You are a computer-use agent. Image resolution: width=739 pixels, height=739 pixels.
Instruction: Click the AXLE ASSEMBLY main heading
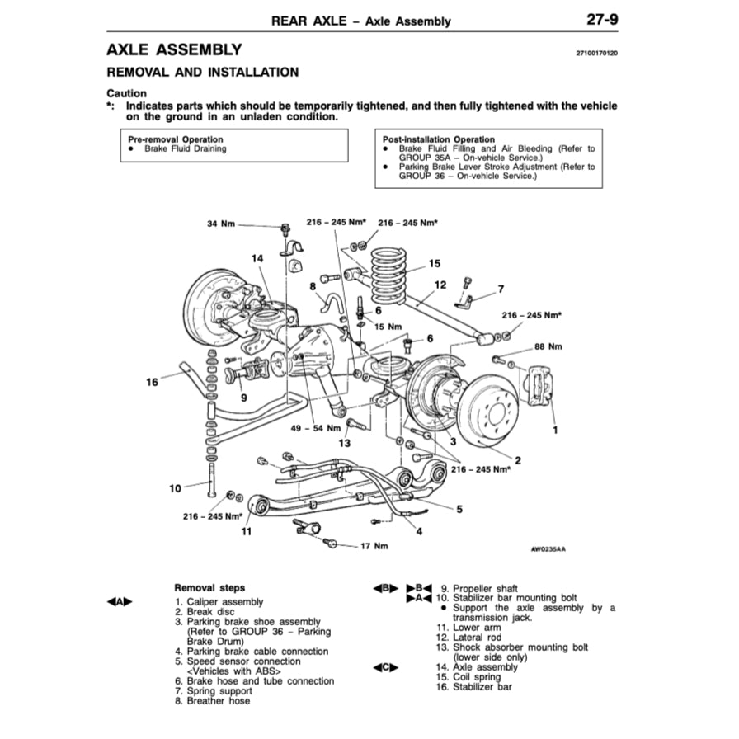(175, 50)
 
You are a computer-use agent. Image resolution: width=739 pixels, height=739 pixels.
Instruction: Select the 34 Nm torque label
(221, 224)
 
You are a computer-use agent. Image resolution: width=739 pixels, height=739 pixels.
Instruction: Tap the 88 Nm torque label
(548, 346)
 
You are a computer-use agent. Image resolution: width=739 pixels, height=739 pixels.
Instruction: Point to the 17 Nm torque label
(374, 546)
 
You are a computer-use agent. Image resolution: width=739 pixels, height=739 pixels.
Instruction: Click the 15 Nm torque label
(388, 327)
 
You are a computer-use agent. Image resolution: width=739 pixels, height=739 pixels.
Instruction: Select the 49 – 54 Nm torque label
(316, 429)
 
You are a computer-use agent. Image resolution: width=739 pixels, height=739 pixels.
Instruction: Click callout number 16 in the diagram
(152, 382)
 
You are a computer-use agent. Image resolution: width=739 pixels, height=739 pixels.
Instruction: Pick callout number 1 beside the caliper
(555, 430)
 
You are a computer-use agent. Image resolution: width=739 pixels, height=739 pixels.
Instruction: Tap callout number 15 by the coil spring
(435, 264)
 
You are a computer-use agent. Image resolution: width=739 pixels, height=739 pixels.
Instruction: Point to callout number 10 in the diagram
(175, 488)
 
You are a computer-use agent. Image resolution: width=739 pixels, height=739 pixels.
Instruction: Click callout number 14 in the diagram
(258, 258)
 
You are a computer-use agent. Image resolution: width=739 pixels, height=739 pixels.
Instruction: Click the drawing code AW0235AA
(554, 547)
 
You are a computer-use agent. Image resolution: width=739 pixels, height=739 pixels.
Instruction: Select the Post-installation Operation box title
(439, 139)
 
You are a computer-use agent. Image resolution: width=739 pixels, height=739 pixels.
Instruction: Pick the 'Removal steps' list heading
(209, 588)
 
